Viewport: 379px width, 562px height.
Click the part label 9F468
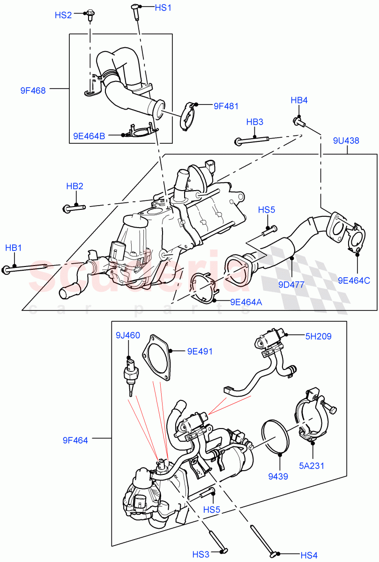tap(33, 91)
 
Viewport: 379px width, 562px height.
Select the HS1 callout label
tap(163, 7)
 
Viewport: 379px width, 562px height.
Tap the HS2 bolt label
tap(63, 15)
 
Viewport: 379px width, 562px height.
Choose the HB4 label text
tap(299, 100)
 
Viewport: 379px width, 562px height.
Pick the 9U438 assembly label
tap(346, 140)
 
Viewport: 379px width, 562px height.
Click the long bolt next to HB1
tap(26, 268)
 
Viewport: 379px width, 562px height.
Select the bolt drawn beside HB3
tap(252, 140)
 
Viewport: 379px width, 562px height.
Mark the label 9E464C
tap(354, 281)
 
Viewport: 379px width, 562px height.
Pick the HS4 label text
tap(309, 555)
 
